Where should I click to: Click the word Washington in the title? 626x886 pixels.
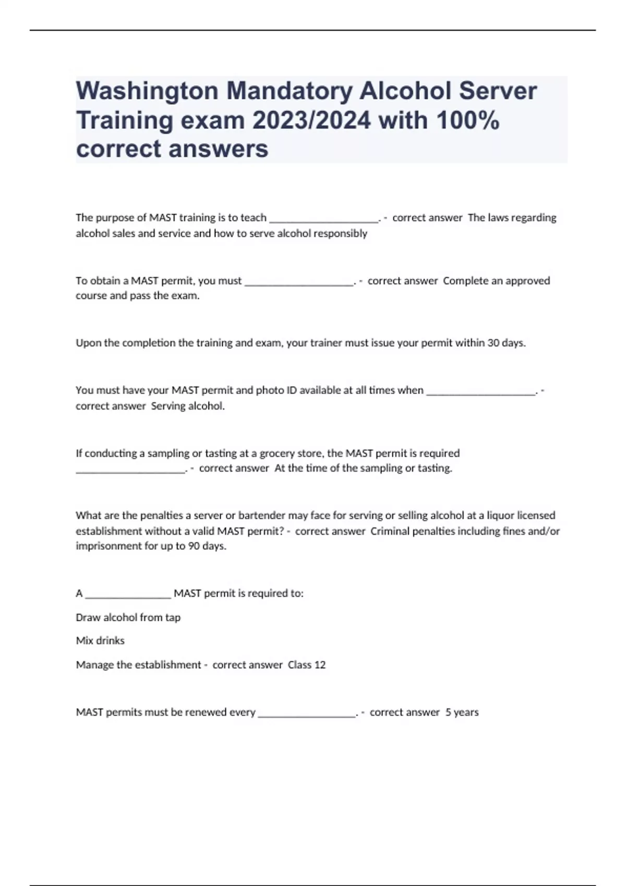147,91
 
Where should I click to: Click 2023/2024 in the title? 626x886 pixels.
311,120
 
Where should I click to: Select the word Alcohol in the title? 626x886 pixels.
404,91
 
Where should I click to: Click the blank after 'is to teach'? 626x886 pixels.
324,218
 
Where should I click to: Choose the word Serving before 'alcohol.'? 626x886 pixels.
167,406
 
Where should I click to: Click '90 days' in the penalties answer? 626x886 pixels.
207,546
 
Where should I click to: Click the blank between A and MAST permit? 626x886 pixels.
128,594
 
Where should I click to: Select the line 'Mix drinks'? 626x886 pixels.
100,641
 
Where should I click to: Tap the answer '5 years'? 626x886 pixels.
462,712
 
